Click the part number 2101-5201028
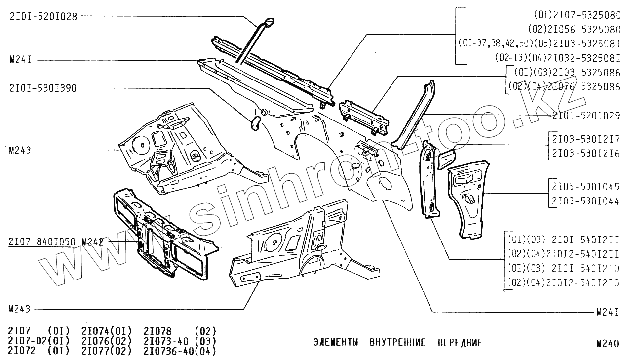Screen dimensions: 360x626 [x=43, y=16]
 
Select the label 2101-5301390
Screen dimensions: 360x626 [x=43, y=88]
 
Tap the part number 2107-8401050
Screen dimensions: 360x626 [x=42, y=242]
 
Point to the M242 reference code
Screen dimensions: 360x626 [x=92, y=242]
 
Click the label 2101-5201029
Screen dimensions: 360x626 [x=586, y=115]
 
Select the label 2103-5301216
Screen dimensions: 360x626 [x=586, y=154]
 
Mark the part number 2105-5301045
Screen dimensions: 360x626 [x=586, y=187]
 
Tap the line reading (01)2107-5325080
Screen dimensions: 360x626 [x=577, y=15]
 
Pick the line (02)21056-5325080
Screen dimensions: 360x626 [x=574, y=29]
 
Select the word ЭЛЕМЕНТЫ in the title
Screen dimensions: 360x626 [x=336, y=343]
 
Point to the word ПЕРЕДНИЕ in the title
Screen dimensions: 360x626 [x=460, y=343]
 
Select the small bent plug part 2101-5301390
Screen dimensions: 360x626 [x=255, y=123]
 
